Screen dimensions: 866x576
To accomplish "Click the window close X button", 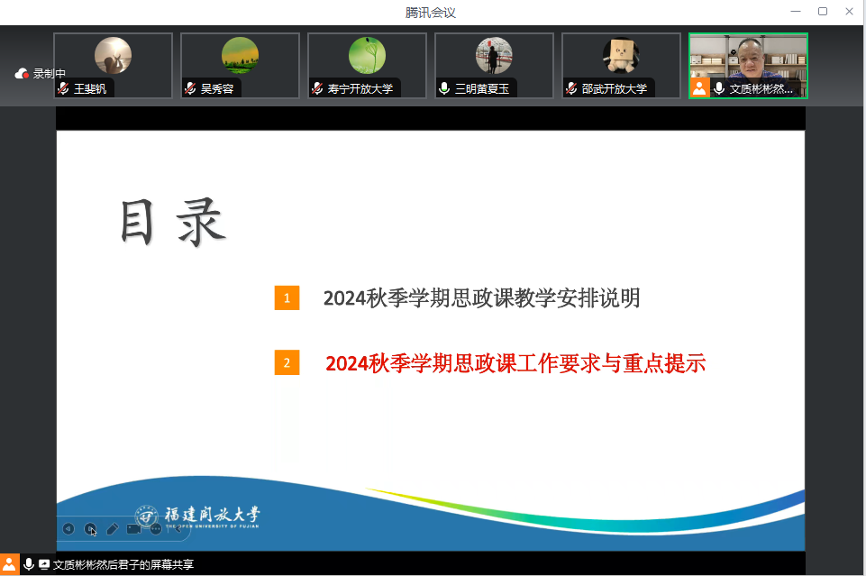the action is pyautogui.click(x=849, y=12).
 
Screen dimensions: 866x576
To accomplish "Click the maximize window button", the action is pyautogui.click(x=823, y=12).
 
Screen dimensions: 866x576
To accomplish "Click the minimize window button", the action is pyautogui.click(x=796, y=12).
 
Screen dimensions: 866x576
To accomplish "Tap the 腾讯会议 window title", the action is pyautogui.click(x=431, y=13).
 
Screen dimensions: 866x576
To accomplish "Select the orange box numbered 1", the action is pyautogui.click(x=287, y=298).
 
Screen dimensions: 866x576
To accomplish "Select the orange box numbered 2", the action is pyautogui.click(x=287, y=363).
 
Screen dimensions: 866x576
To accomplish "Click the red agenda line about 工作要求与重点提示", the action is pyautogui.click(x=515, y=363).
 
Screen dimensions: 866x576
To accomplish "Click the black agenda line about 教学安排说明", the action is pyautogui.click(x=481, y=298).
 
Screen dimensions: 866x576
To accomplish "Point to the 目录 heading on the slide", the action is pyautogui.click(x=173, y=222).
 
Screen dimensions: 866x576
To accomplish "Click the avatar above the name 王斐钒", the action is pyautogui.click(x=114, y=55).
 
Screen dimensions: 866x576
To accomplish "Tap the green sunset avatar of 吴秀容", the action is pyautogui.click(x=241, y=55).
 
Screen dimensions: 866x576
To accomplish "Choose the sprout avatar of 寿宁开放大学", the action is pyautogui.click(x=368, y=55).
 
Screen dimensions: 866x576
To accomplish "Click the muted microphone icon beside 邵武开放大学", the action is pyautogui.click(x=571, y=88).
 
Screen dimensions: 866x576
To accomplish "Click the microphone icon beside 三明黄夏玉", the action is pyautogui.click(x=444, y=88).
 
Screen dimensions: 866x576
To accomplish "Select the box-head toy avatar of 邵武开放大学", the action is pyautogui.click(x=621, y=55).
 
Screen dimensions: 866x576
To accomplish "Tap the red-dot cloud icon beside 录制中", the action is pyautogui.click(x=22, y=73).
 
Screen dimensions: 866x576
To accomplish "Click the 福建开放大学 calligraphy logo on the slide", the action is pyautogui.click(x=197, y=517).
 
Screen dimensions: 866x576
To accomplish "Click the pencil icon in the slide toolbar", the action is pyautogui.click(x=112, y=529).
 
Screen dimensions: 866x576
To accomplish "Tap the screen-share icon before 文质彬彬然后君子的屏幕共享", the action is pyautogui.click(x=43, y=564).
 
